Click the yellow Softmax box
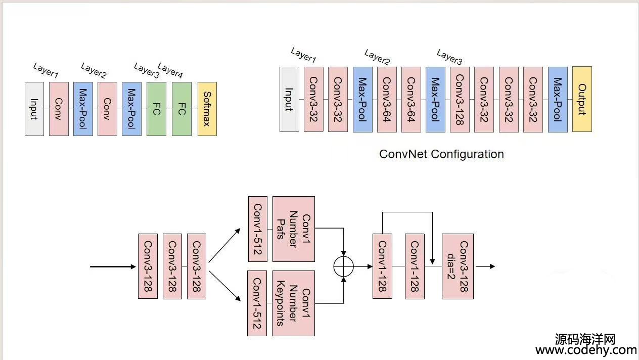pos(207,109)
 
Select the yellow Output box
pos(582,99)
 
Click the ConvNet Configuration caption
pos(441,154)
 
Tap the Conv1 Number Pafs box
pos(293,229)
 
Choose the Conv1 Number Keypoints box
pos(293,303)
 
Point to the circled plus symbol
pos(344,266)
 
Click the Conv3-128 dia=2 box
pos(458,266)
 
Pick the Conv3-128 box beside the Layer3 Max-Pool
pos(460,99)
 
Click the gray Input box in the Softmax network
pos(34,109)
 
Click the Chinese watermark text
pos(585,338)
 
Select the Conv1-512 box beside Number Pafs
pos(258,229)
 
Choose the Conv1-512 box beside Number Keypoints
pos(257,303)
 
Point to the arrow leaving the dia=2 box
pos(485,266)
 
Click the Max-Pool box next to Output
pos(558,99)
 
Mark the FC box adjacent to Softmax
pos(181,109)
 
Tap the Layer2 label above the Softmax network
pos(94,71)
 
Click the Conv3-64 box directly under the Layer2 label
pos(387,99)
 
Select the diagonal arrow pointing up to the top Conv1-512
pos(224,246)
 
